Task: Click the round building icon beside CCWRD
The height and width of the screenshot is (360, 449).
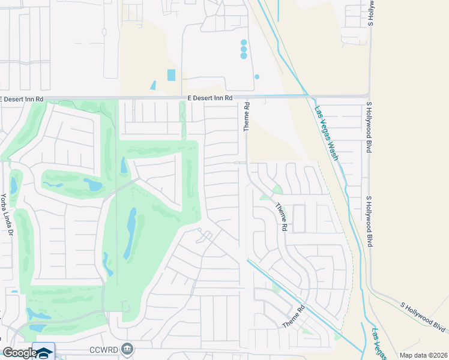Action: point(127,348)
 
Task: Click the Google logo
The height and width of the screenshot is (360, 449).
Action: point(19,352)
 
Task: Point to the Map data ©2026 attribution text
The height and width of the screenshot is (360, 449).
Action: point(423,355)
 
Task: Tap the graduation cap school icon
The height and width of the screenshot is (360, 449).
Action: point(44,352)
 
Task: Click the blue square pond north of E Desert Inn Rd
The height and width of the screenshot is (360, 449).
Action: point(172,75)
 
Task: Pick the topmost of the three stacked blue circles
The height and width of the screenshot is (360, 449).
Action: point(244,43)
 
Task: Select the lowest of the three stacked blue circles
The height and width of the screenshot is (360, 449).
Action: point(244,56)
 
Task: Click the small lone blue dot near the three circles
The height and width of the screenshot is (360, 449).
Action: point(257,77)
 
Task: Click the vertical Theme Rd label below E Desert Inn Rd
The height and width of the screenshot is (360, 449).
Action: point(246,116)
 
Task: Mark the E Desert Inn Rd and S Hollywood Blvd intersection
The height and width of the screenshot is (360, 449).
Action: point(369,95)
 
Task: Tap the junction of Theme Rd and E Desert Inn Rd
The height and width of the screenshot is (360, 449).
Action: point(246,96)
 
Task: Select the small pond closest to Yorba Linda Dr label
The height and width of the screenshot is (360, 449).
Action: point(13,185)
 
